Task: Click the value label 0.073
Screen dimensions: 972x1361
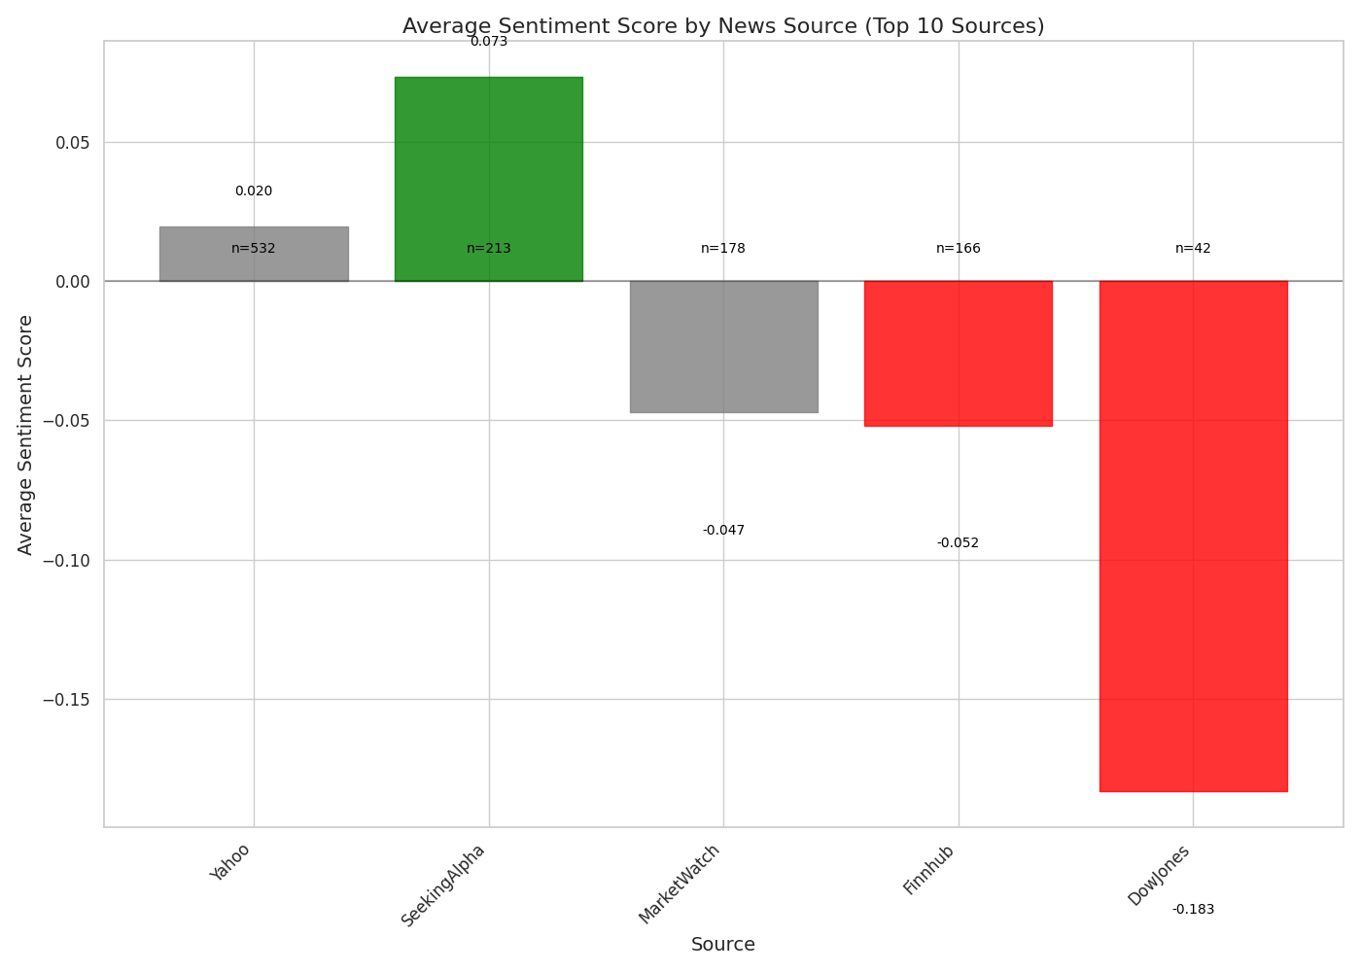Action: (x=488, y=42)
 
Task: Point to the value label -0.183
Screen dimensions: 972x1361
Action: (x=1193, y=910)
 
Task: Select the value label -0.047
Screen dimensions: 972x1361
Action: (x=723, y=531)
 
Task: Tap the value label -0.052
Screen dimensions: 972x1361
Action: (x=958, y=543)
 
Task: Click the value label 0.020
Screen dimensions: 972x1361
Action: (x=254, y=191)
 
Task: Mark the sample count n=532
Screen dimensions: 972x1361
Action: (x=254, y=249)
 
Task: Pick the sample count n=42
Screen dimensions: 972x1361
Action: (x=1193, y=249)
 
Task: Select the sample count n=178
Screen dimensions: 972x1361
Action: (x=723, y=249)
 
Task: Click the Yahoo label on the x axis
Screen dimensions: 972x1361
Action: (x=230, y=862)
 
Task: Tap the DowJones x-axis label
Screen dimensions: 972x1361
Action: (x=1159, y=875)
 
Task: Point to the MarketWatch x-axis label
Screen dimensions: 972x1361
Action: (x=680, y=884)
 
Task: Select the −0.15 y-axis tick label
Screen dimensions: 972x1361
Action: (x=65, y=700)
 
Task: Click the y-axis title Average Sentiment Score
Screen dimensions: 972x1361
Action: (x=26, y=434)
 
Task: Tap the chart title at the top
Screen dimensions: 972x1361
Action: (x=723, y=26)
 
